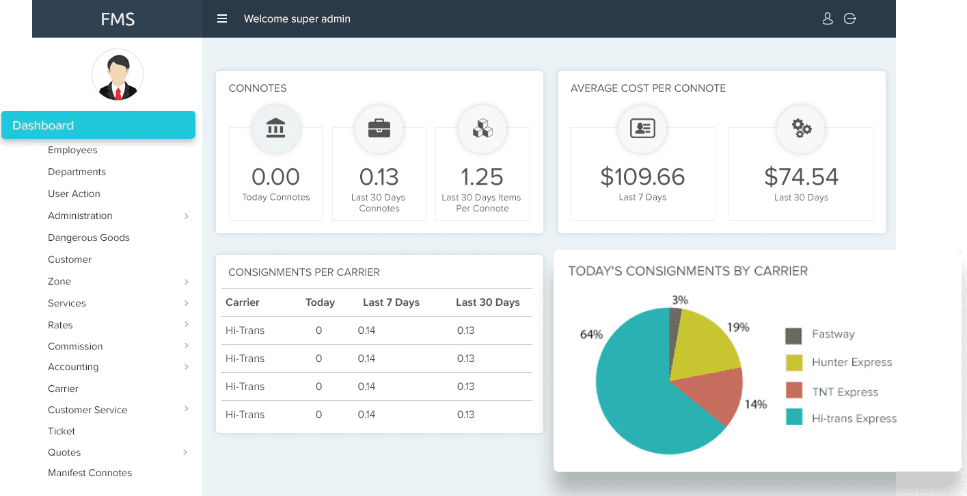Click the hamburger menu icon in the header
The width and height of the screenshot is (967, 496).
tap(222, 19)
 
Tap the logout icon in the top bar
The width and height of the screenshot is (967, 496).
tap(850, 19)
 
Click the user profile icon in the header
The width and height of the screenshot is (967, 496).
tap(828, 19)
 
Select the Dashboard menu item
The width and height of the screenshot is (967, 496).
tap(98, 125)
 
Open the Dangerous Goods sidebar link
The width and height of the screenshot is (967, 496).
tap(89, 237)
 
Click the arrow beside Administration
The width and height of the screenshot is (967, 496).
tap(187, 216)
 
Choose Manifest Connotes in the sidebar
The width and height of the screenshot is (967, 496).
tap(90, 473)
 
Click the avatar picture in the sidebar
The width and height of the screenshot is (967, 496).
tap(118, 75)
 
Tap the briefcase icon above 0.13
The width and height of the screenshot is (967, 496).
tap(379, 128)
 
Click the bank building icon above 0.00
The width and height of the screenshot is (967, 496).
tap(276, 128)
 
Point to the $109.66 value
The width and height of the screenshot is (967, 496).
tap(642, 177)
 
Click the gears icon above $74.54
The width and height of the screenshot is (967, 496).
tap(802, 128)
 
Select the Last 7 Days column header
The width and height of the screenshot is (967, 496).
tap(391, 302)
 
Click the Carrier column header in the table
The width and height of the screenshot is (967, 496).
tap(243, 302)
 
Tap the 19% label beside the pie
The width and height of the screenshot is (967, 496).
tap(738, 328)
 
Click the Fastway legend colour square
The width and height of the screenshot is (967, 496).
tap(793, 335)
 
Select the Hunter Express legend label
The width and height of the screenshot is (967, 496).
tap(852, 363)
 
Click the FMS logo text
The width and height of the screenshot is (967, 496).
tap(118, 19)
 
